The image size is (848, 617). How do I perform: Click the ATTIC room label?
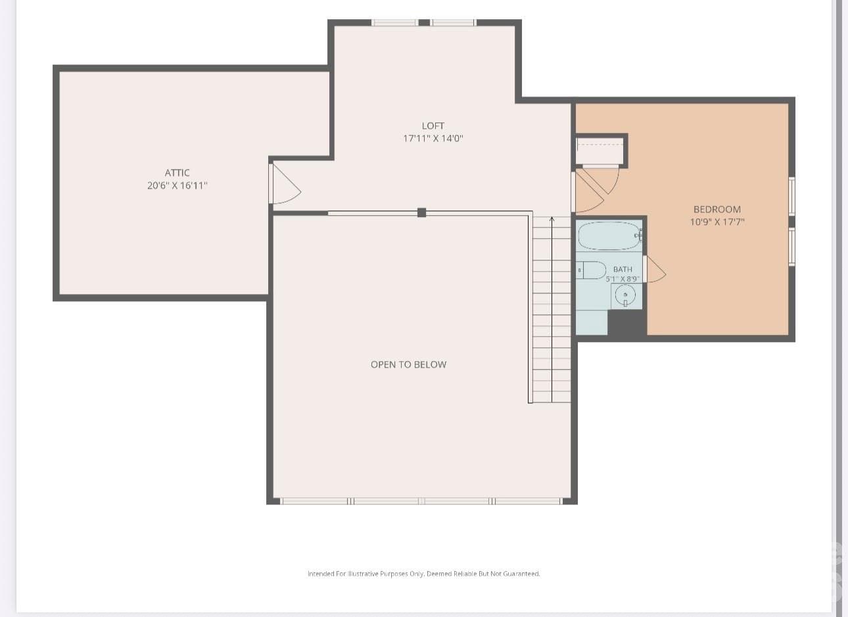point(177,173)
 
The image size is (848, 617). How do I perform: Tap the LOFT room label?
point(433,126)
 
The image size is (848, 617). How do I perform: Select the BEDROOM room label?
point(717,209)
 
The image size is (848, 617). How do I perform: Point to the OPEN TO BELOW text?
point(408,364)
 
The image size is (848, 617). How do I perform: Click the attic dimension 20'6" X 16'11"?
point(177,185)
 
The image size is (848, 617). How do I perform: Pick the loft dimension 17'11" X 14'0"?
point(433,139)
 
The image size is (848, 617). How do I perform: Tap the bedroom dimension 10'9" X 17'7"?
point(717,222)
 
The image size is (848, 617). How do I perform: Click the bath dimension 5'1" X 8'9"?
point(623,279)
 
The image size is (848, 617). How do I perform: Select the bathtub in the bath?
point(609,235)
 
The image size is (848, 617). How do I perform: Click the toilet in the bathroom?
point(591,270)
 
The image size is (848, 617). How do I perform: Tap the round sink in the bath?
point(625,295)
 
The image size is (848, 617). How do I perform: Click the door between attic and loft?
point(285,184)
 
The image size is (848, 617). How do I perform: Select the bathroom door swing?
point(655,269)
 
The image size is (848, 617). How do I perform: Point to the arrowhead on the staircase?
point(552,219)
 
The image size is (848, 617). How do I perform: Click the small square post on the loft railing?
point(422,212)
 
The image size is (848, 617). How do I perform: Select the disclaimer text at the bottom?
point(423,574)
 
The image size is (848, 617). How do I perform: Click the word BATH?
point(623,269)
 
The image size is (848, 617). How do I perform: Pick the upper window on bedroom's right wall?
point(791,196)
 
